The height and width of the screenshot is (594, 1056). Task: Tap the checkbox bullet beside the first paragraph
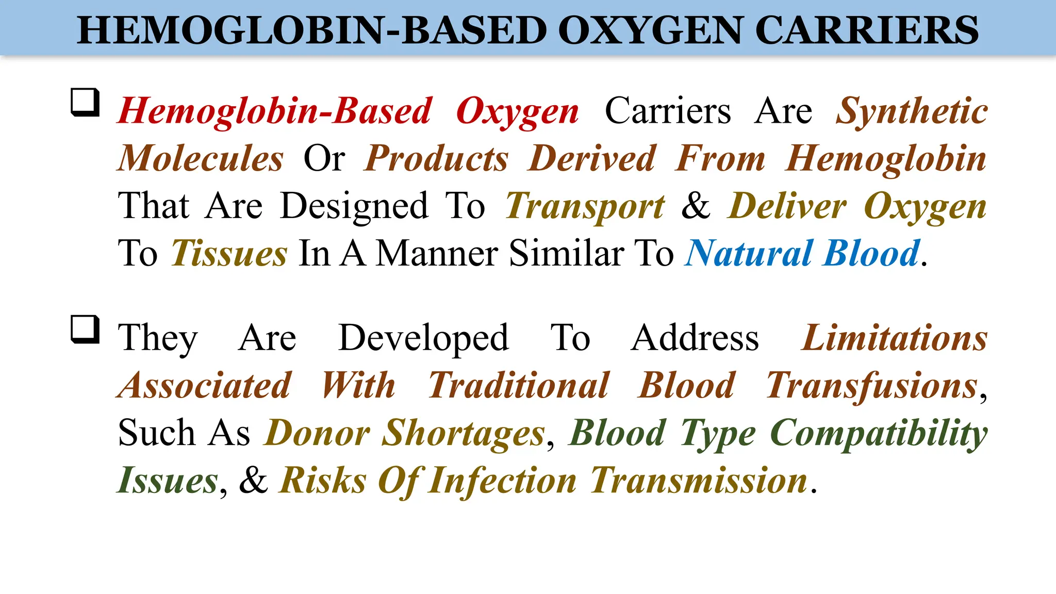[85, 102]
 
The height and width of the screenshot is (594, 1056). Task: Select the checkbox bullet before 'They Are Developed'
[85, 329]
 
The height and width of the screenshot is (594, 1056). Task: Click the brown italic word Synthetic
[912, 111]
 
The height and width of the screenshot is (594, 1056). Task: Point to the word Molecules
[201, 159]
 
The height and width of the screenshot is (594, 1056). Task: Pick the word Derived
[592, 159]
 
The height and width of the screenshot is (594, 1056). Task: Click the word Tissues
[229, 254]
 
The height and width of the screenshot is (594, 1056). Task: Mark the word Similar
[567, 254]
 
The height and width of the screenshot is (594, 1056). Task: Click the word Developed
[423, 338]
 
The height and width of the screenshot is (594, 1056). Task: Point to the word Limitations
[895, 338]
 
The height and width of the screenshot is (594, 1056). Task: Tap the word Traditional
[519, 386]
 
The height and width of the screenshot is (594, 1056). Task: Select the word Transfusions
[872, 386]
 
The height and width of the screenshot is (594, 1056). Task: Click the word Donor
[317, 433]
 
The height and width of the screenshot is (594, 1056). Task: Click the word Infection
[502, 481]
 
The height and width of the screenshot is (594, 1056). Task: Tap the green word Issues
[168, 481]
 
